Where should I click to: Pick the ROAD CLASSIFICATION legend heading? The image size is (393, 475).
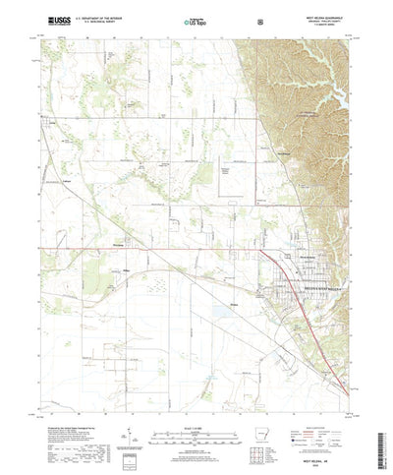[x=320, y=416]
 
